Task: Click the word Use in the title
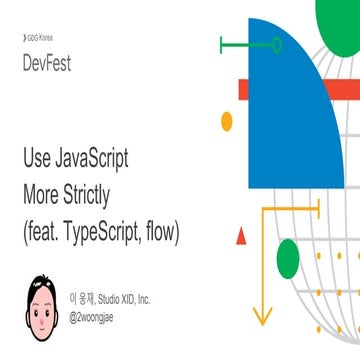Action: (x=38, y=159)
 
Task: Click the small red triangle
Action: (x=240, y=237)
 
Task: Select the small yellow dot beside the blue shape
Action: (x=227, y=120)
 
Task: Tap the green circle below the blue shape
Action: (x=288, y=259)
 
